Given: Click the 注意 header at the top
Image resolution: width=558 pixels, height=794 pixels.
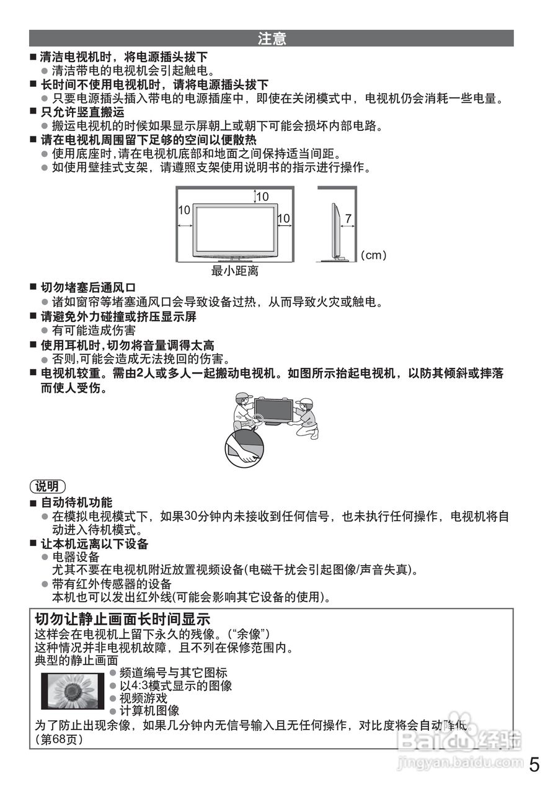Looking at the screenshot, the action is (x=272, y=38).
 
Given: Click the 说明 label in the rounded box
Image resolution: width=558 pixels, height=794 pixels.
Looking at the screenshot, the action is (x=48, y=486).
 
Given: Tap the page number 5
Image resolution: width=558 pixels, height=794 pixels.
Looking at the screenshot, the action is (x=534, y=764).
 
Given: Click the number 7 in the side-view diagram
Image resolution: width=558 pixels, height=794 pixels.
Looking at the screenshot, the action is (x=348, y=219).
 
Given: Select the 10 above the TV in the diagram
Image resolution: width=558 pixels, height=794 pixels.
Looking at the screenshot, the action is (x=262, y=197).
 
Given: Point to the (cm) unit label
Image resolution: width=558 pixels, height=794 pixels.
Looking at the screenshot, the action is (x=373, y=255).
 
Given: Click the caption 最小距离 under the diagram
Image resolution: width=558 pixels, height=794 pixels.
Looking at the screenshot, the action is (x=234, y=271).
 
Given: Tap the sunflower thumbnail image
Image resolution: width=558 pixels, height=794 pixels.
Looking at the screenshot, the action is (x=73, y=690).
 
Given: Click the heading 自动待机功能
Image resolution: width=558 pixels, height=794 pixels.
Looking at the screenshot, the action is (x=76, y=502).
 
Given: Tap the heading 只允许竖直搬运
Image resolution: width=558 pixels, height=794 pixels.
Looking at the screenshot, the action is (x=82, y=112).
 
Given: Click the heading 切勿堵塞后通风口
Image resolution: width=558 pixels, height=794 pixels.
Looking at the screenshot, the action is (x=88, y=288).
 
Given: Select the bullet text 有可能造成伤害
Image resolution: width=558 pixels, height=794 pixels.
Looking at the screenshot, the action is (x=94, y=331).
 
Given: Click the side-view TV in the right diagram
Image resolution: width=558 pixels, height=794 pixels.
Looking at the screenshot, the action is (x=335, y=230).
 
